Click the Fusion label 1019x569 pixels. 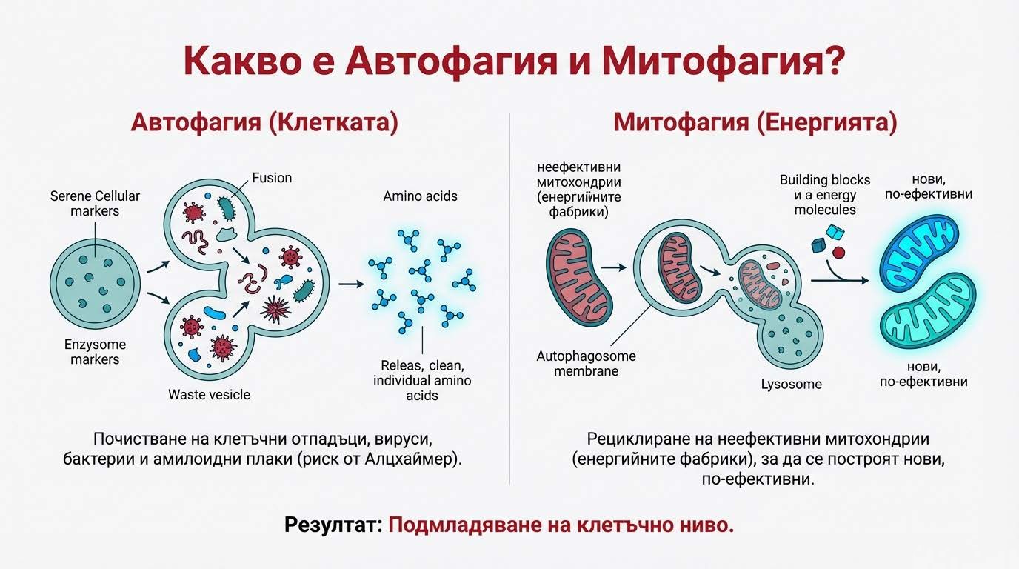pyautogui.click(x=272, y=178)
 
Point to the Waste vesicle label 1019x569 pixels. pyautogui.click(x=209, y=394)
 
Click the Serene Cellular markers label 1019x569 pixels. pyautogui.click(x=95, y=204)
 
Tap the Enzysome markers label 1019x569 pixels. pyautogui.click(x=95, y=352)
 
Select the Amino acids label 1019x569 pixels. pyautogui.click(x=420, y=196)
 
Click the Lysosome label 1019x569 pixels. pyautogui.click(x=791, y=385)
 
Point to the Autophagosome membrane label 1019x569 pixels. pyautogui.click(x=586, y=363)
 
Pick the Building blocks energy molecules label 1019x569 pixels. pyautogui.click(x=825, y=195)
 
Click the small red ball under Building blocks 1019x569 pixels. pyautogui.click(x=838, y=252)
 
